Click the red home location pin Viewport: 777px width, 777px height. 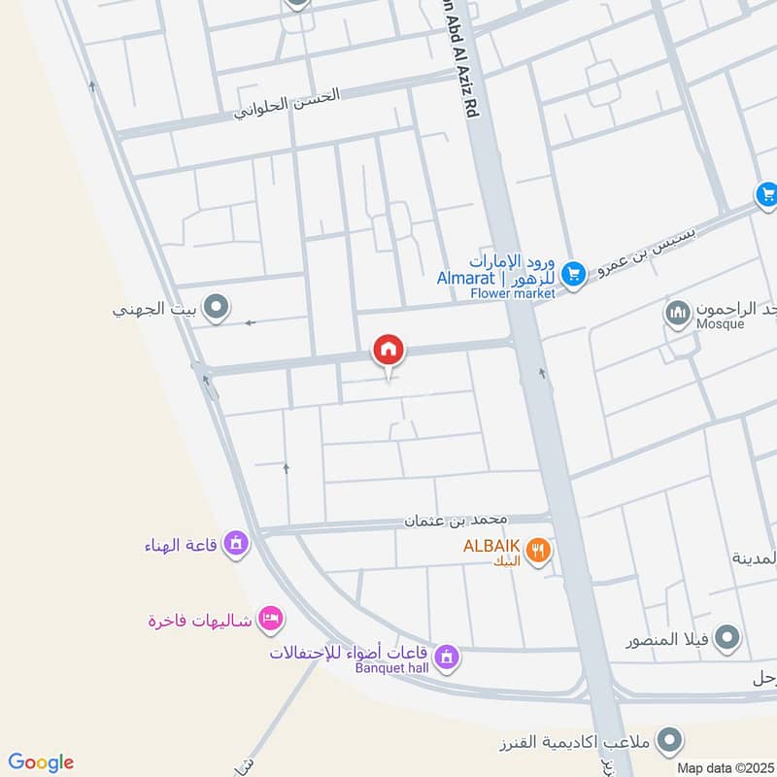coord(388,351)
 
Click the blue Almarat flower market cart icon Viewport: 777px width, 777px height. coord(573,275)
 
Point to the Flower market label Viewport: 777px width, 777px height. coord(512,293)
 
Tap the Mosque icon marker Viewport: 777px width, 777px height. coord(677,313)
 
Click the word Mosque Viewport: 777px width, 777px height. coord(719,324)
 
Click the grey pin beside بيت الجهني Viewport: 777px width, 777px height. coord(217,310)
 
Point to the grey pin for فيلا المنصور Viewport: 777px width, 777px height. coord(726,639)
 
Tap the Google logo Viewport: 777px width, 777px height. coord(41,762)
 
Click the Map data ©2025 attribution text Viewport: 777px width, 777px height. coord(724,767)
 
